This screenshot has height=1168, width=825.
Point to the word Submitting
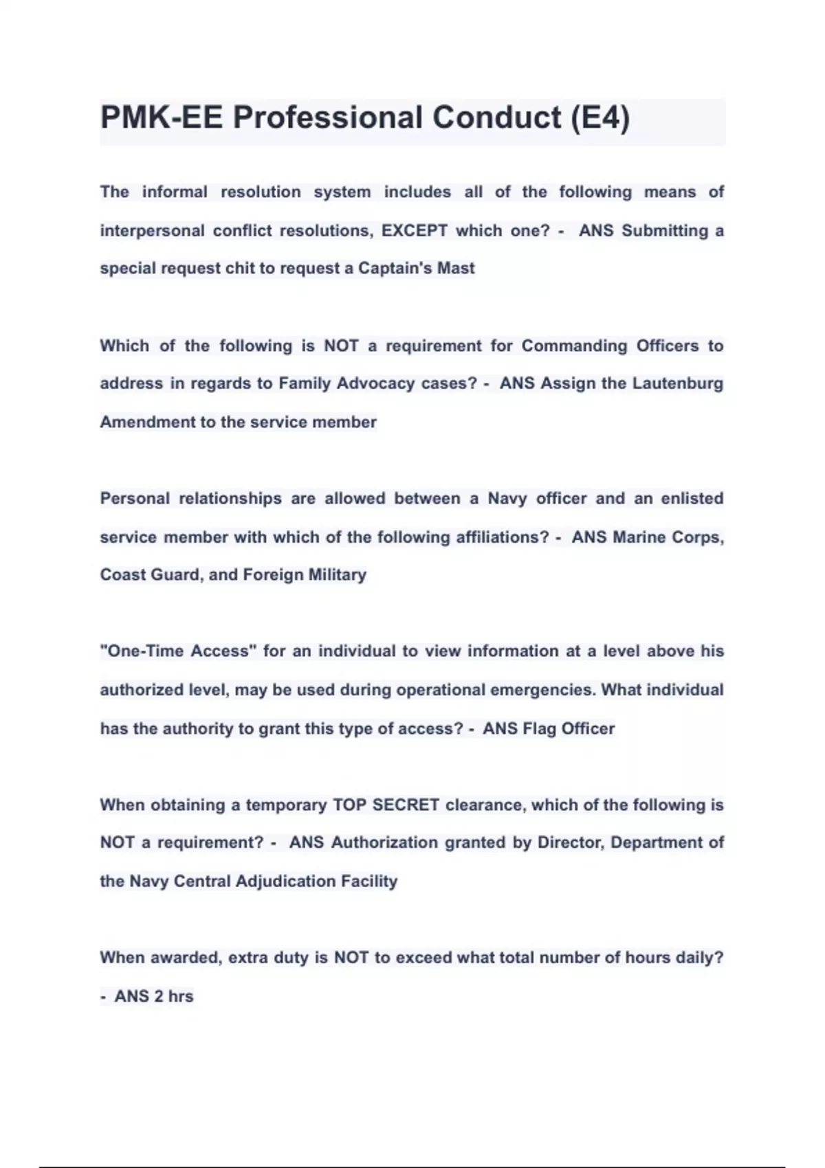[x=665, y=231]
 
